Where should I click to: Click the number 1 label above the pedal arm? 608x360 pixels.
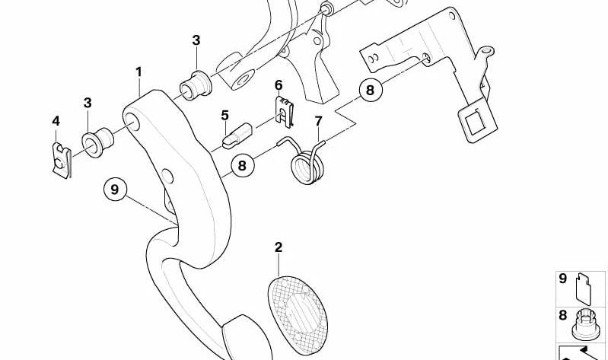pyautogui.click(x=138, y=72)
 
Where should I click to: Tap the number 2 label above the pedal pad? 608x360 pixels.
pyautogui.click(x=279, y=247)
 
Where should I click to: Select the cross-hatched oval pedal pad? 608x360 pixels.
pyautogui.click(x=298, y=315)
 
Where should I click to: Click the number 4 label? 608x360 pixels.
pyautogui.click(x=56, y=121)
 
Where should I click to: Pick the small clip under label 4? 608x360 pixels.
pyautogui.click(x=62, y=161)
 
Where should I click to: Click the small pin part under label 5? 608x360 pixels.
pyautogui.click(x=237, y=135)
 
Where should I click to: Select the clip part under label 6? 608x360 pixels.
pyautogui.click(x=285, y=112)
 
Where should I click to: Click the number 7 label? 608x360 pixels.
pyautogui.click(x=318, y=121)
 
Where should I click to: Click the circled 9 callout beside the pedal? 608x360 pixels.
pyautogui.click(x=115, y=190)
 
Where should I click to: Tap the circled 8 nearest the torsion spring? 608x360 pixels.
pyautogui.click(x=242, y=166)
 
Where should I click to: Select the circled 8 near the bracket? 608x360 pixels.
pyautogui.click(x=371, y=90)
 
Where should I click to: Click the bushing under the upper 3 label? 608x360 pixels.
pyautogui.click(x=196, y=86)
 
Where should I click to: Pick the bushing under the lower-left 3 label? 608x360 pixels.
pyautogui.click(x=97, y=142)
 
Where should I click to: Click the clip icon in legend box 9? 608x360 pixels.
pyautogui.click(x=584, y=288)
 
